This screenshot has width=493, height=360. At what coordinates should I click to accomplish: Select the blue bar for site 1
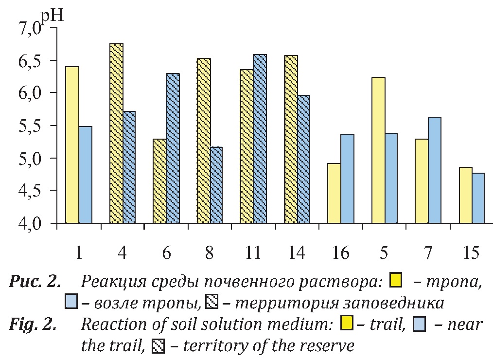[x=85, y=175]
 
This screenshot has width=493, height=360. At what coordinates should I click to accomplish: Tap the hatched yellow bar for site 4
[x=116, y=134]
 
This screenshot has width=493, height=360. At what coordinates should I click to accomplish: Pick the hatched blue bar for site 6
[x=173, y=148]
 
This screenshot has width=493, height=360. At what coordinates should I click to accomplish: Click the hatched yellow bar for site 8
[x=204, y=141]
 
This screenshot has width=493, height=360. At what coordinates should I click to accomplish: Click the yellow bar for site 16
[x=334, y=194]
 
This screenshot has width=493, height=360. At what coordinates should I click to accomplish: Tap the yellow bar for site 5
[x=378, y=151]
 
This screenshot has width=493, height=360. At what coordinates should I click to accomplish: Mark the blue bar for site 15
[x=478, y=198]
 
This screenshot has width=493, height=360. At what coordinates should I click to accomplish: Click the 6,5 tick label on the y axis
[x=37, y=61]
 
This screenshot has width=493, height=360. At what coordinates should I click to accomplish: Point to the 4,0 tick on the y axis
[x=37, y=224]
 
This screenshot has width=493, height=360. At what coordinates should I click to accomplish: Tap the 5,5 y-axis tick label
[x=37, y=126]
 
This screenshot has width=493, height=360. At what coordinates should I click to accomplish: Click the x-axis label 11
[x=252, y=253]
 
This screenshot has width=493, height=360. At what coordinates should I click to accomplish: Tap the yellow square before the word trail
[x=347, y=323]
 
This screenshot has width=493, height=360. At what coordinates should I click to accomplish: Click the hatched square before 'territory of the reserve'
[x=159, y=346]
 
